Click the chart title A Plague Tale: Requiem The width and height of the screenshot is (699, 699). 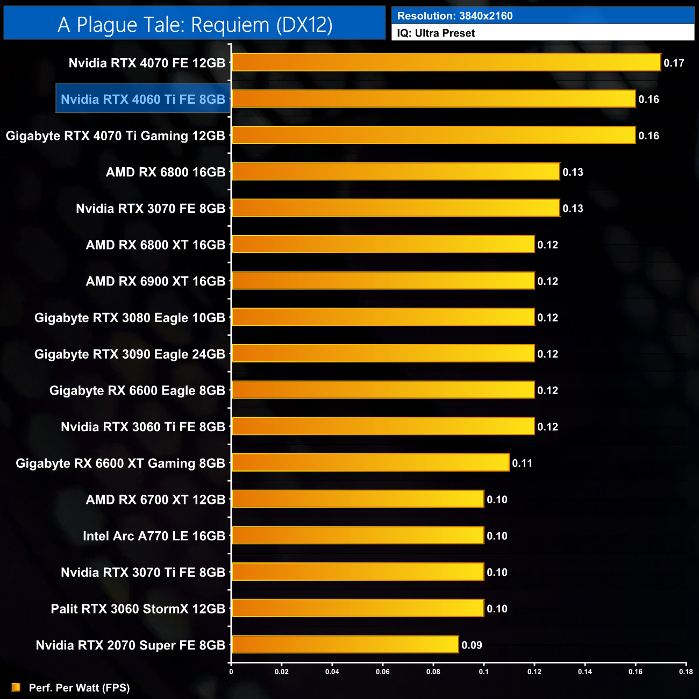(195, 25)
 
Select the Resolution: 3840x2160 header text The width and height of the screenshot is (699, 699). (455, 16)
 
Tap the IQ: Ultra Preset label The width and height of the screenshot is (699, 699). (436, 33)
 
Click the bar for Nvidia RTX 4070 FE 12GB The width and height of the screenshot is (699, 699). (446, 62)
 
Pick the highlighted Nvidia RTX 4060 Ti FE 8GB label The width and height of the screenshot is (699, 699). (143, 99)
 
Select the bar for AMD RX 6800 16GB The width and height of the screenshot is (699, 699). (395, 172)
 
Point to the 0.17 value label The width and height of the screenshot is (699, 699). (674, 63)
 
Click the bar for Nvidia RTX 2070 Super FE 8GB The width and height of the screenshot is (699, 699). (345, 644)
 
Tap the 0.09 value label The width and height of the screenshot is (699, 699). (472, 645)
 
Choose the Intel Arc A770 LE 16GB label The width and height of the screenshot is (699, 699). (154, 536)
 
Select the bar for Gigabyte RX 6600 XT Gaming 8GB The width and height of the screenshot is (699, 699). (370, 462)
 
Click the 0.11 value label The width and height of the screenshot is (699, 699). (522, 463)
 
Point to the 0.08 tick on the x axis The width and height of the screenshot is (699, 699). (433, 672)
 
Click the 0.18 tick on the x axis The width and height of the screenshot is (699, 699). (686, 672)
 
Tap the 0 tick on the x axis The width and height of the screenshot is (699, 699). (231, 672)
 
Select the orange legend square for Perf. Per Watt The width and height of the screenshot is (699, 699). (16, 687)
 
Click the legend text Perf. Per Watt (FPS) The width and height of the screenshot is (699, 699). (79, 688)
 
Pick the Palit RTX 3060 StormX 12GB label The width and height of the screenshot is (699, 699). (138, 609)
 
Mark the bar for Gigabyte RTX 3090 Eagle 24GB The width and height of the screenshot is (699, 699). (383, 353)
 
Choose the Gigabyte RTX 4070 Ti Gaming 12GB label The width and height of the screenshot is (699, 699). (115, 135)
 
